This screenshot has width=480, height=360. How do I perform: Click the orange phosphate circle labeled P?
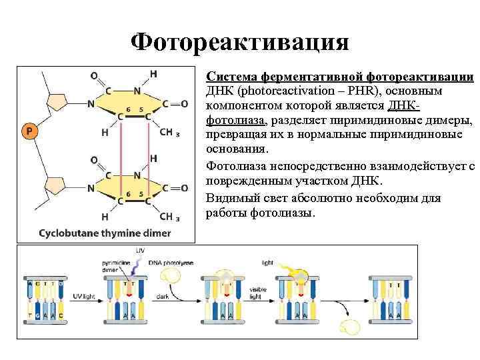29,131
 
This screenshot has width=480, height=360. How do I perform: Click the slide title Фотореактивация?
240,43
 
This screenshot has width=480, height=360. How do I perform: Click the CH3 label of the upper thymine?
169,133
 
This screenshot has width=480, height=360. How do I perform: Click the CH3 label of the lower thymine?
169,217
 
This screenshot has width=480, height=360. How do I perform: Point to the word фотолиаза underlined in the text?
235,121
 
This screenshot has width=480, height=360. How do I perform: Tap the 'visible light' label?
257,293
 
